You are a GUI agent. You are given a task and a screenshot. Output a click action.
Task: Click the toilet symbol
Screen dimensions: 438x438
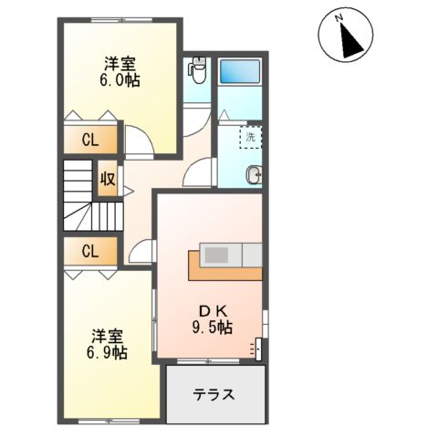click(x=197, y=68)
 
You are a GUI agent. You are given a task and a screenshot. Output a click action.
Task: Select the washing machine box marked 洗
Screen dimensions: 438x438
click(x=250, y=137)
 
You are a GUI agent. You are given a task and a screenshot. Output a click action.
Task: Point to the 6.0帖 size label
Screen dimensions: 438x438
click(x=120, y=80)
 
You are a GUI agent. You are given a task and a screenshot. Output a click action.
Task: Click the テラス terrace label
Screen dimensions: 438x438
click(x=214, y=395)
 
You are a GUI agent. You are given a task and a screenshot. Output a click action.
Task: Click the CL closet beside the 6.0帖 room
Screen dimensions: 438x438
click(x=89, y=141)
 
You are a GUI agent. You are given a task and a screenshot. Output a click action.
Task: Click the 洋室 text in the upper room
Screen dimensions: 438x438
click(x=120, y=63)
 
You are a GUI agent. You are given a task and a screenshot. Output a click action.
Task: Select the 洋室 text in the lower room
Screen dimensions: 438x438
click(x=108, y=334)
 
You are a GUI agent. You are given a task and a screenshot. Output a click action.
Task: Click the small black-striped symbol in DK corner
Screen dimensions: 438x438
click(x=258, y=348)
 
